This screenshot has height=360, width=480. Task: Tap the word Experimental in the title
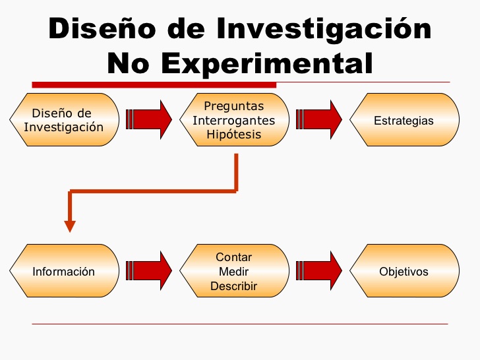[x=268, y=63]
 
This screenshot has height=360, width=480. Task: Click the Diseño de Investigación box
[x=64, y=119]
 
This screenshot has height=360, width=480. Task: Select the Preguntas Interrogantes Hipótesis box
[x=233, y=119]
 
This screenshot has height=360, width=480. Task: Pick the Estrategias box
[x=404, y=119]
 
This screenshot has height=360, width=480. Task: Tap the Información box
[x=64, y=271]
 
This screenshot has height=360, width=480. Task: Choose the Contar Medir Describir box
[x=233, y=271]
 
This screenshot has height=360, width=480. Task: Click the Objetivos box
[x=404, y=271]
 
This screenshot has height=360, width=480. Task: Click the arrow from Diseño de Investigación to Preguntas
[x=148, y=119]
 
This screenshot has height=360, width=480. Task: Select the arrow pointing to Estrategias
[x=319, y=119]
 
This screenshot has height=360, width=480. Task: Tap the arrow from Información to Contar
[x=148, y=271]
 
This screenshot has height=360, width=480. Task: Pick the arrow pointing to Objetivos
[x=319, y=271]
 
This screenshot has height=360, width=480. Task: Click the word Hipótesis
[x=233, y=135]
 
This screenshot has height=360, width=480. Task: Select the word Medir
[x=233, y=272]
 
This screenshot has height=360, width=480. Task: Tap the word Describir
[x=233, y=286]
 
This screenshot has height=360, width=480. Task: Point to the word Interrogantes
[x=233, y=120]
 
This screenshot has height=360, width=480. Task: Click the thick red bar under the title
[x=154, y=84]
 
